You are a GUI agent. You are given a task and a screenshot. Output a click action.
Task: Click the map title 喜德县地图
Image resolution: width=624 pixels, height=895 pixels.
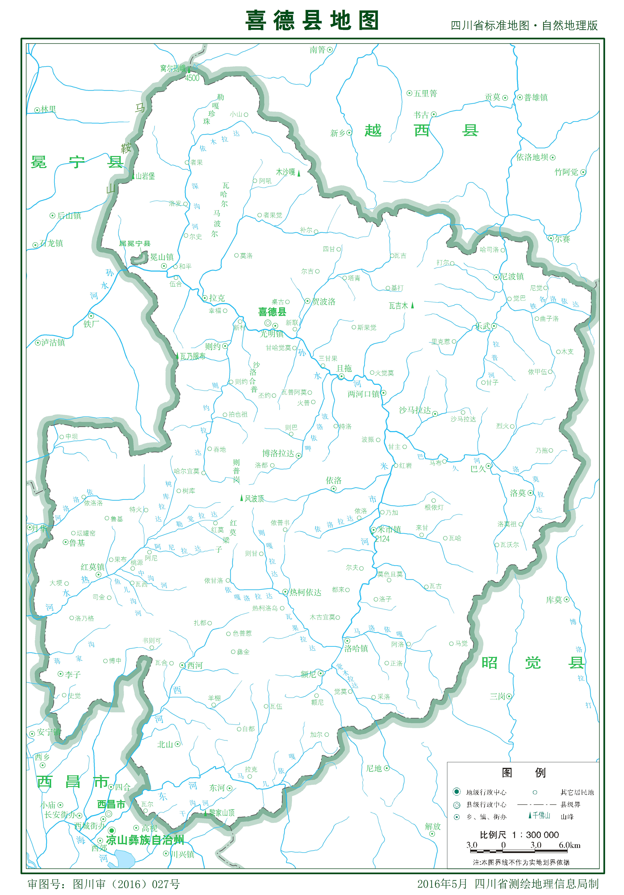click(x=312, y=20)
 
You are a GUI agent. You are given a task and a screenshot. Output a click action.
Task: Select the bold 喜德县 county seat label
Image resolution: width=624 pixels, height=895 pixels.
click(x=272, y=312)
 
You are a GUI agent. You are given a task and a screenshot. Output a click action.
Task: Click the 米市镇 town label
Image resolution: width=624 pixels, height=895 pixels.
click(x=389, y=529)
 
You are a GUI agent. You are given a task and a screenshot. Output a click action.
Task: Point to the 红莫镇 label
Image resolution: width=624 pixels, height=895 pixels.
click(x=93, y=567)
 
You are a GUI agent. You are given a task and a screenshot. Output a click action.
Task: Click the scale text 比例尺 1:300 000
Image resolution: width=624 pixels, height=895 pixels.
click(x=519, y=835)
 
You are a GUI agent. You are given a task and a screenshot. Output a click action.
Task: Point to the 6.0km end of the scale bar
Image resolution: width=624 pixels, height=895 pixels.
click(x=569, y=845)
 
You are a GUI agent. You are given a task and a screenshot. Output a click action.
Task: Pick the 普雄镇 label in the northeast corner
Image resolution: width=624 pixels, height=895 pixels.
click(x=536, y=97)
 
